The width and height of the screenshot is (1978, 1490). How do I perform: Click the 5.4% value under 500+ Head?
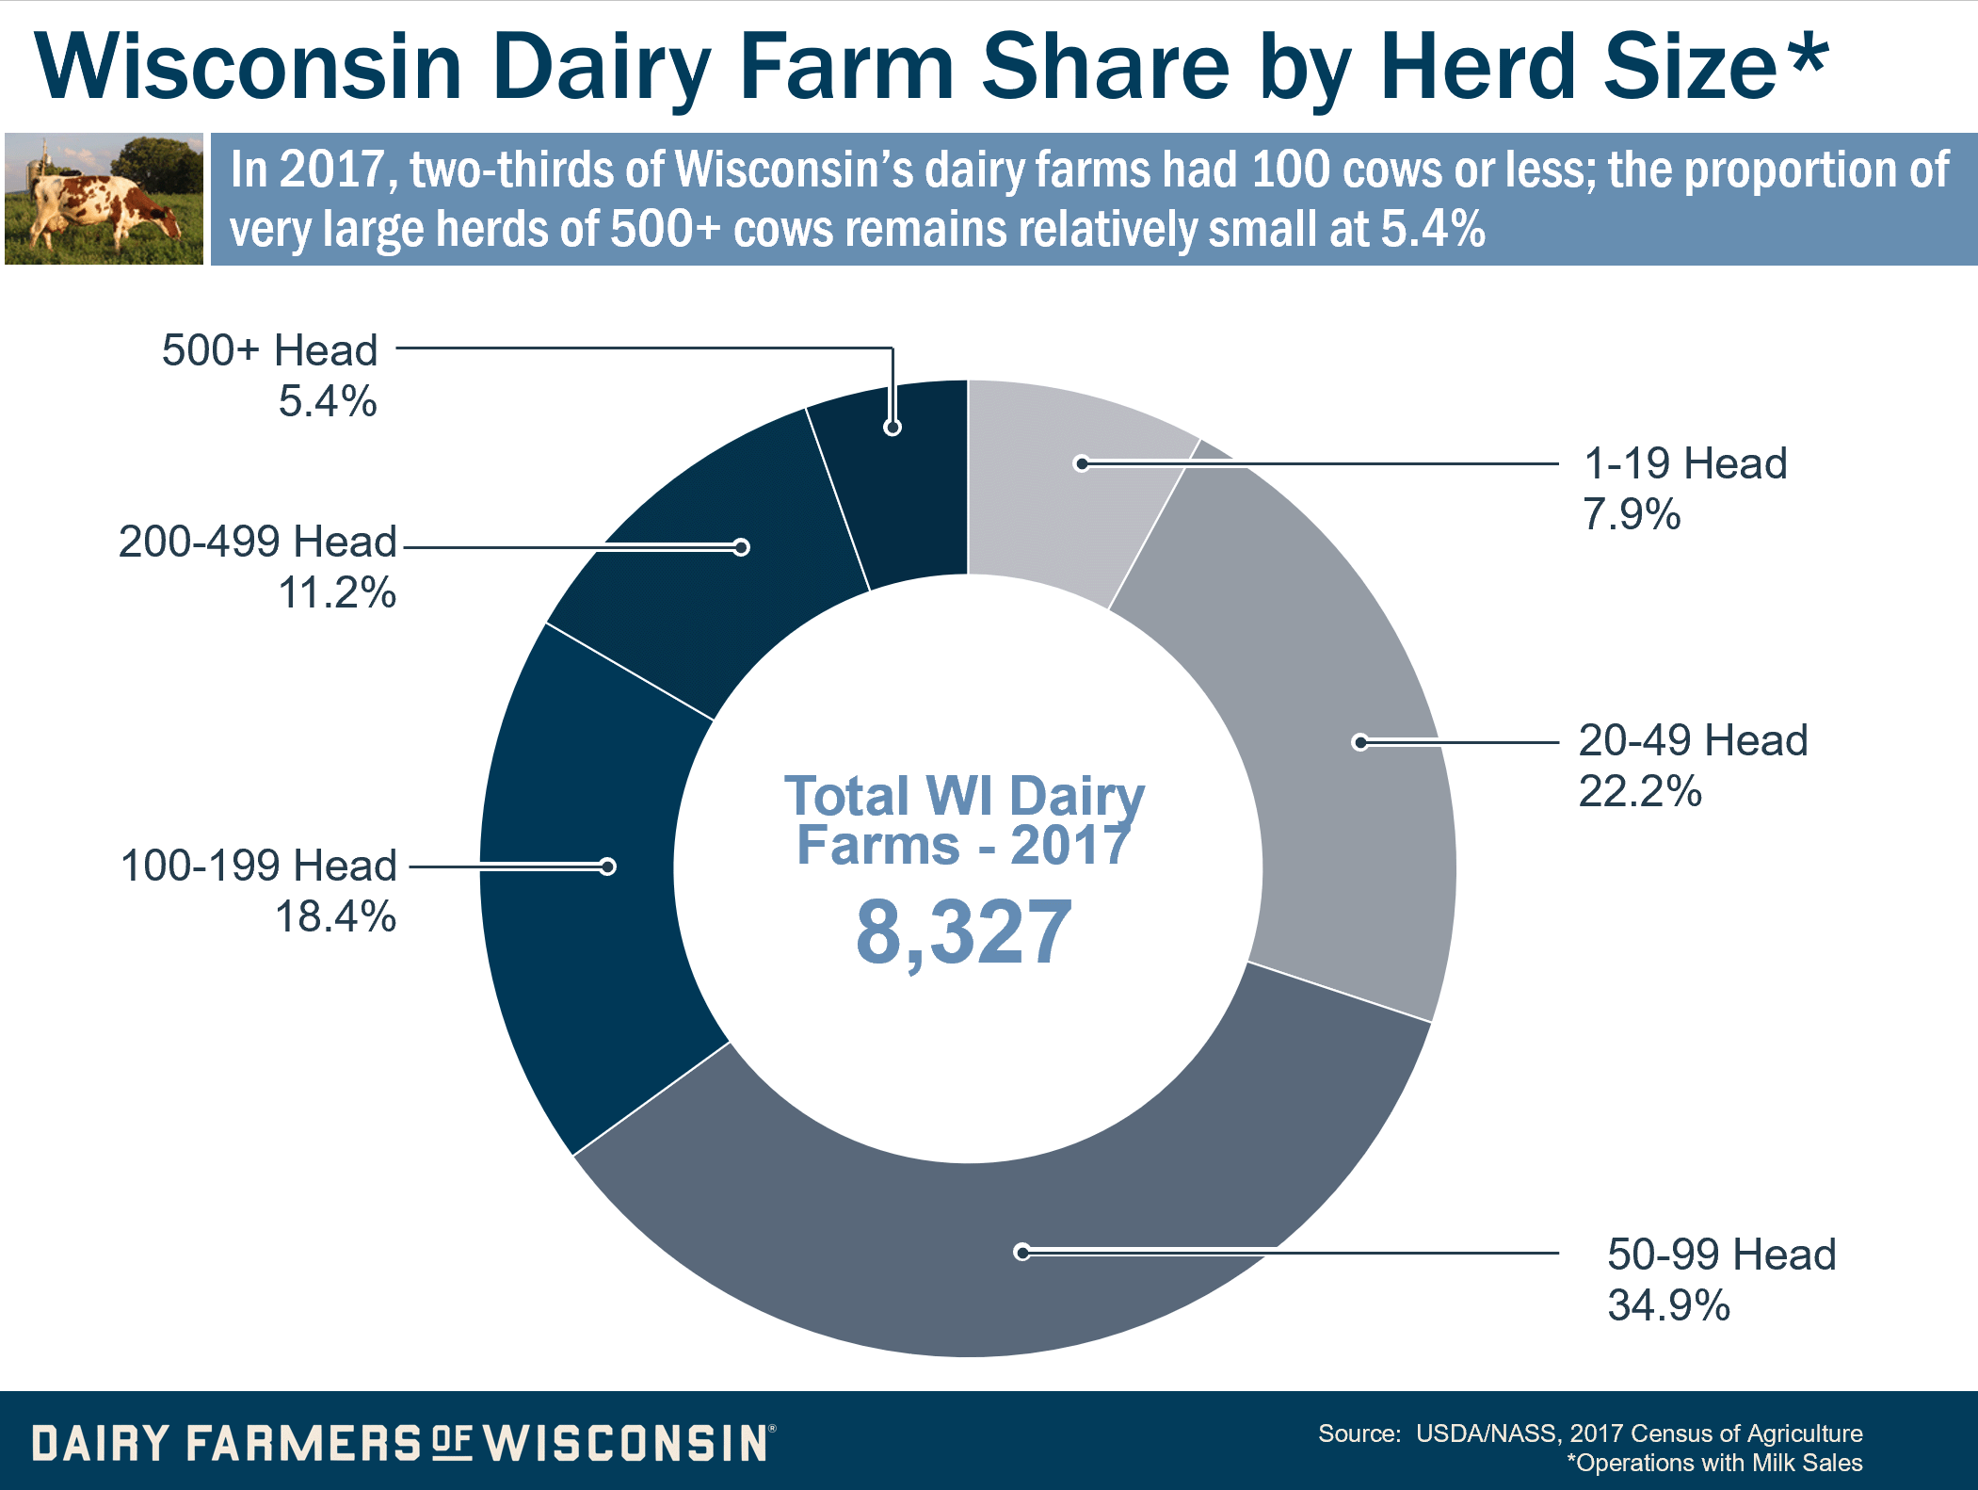coord(327,402)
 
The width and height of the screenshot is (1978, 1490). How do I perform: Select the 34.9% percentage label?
coord(1668,1305)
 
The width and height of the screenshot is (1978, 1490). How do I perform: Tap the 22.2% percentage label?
coord(1640,791)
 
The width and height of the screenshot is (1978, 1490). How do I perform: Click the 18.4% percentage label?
coord(335,916)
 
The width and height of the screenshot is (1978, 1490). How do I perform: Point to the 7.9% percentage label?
coord(1632,514)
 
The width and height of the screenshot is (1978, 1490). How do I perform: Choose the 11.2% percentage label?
coord(337,593)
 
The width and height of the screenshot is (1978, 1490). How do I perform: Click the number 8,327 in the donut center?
coord(963,932)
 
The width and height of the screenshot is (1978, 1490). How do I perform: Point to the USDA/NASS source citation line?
coord(1590,1433)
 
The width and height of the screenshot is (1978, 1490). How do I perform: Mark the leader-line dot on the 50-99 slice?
coord(1022,1252)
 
